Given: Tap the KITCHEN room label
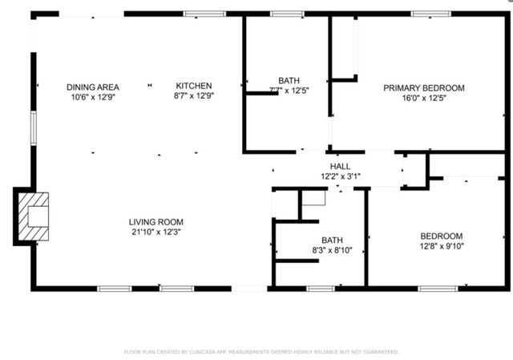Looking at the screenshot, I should point(194,86).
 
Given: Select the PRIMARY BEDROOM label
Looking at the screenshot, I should point(423,88).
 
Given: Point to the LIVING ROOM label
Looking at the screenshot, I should point(156,222).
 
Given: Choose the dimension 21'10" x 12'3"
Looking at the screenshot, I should point(156,233).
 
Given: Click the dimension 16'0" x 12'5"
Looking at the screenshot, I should point(423,99).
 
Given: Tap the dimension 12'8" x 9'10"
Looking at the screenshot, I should point(442,246).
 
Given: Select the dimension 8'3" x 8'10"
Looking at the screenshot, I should point(332,250).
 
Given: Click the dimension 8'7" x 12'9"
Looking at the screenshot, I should point(194,96).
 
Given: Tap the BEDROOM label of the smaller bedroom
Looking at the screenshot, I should point(442,236).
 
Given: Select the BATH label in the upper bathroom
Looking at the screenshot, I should point(289,80).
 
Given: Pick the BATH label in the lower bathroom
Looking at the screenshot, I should point(332,240).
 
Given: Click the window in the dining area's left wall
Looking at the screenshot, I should point(33,128).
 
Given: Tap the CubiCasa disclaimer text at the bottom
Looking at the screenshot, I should point(261,351).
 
